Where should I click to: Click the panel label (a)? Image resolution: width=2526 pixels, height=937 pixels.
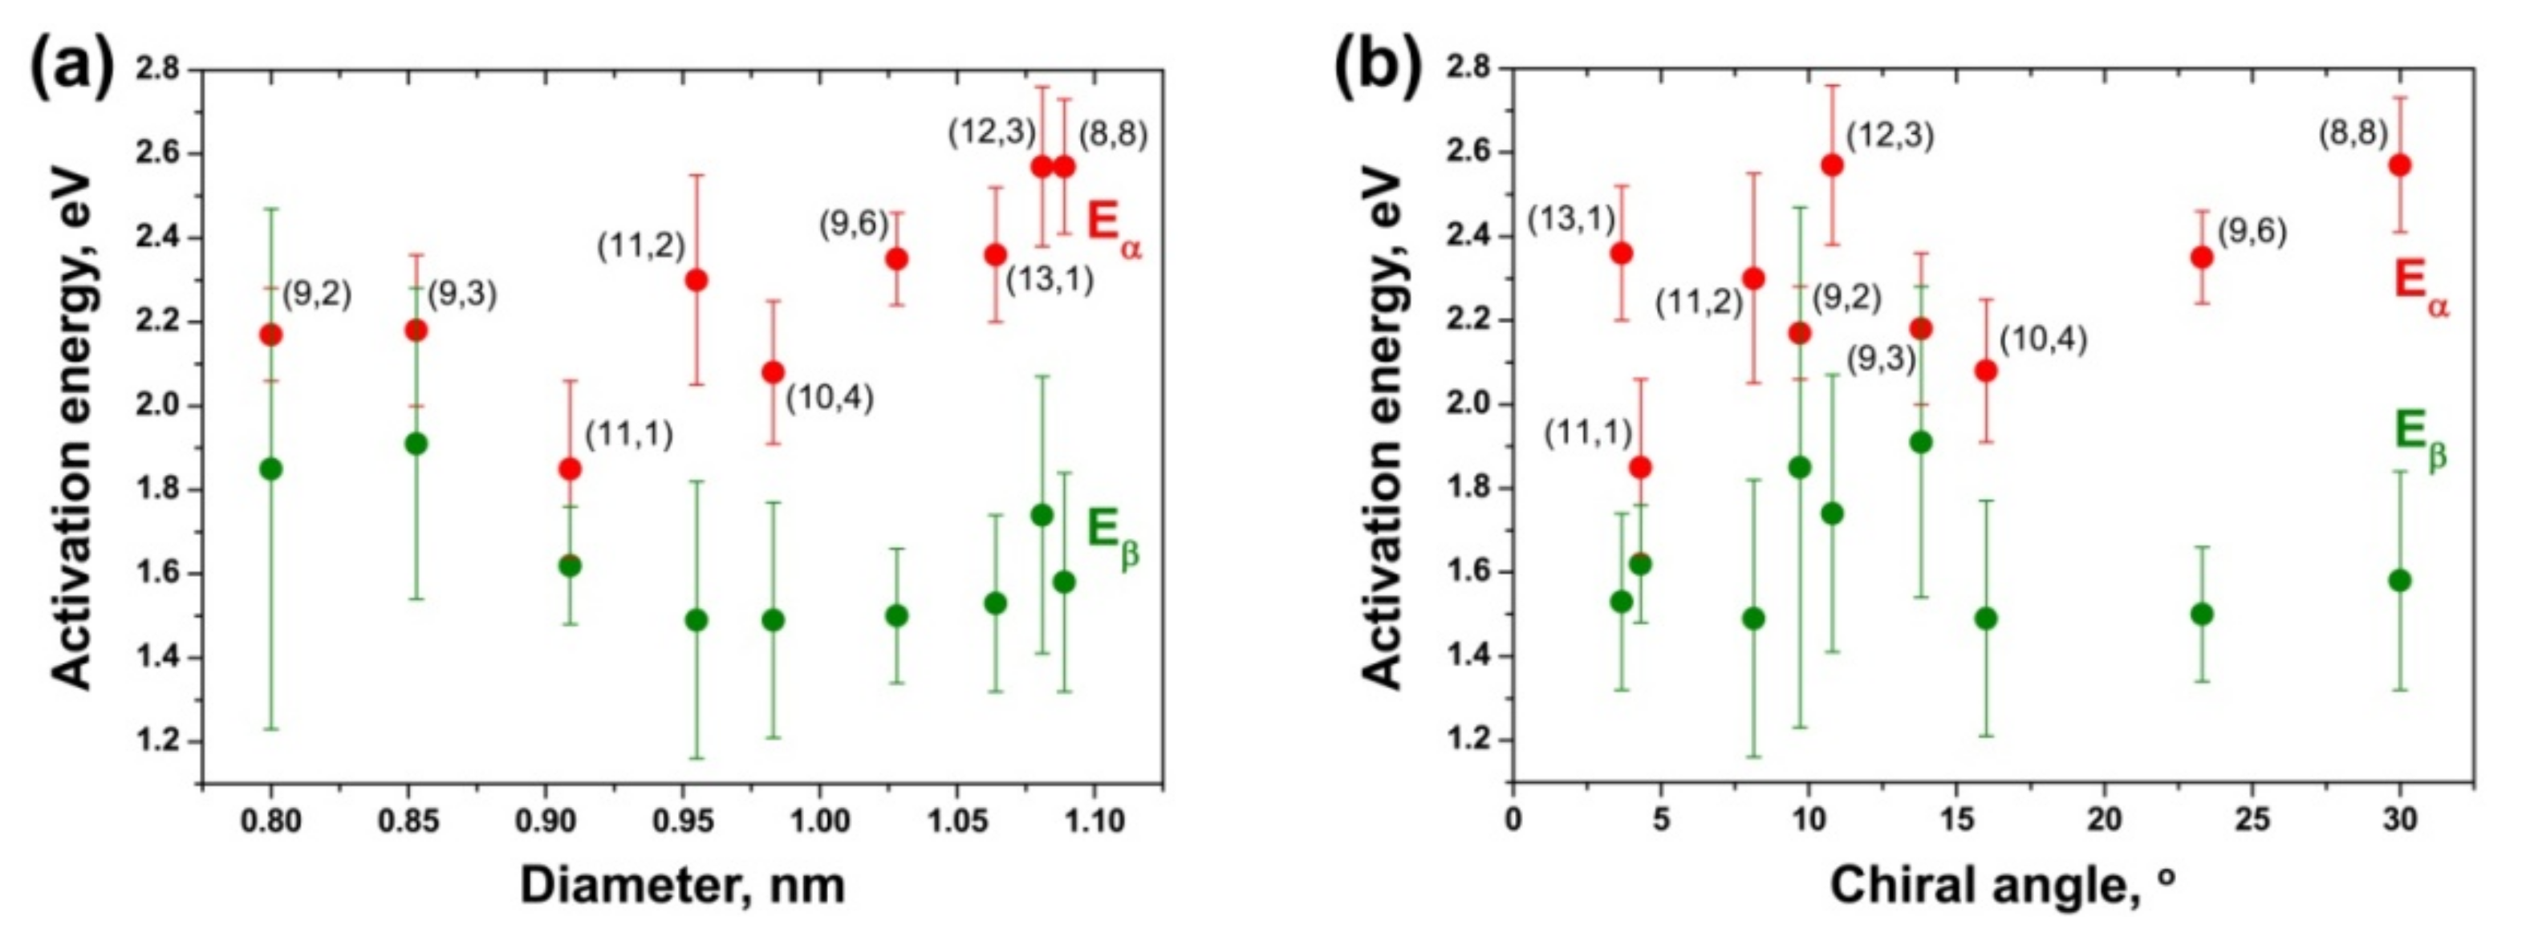tap(71, 67)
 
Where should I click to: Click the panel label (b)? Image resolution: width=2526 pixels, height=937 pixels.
tap(1378, 67)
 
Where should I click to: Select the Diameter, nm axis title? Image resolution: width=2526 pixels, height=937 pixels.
tap(683, 884)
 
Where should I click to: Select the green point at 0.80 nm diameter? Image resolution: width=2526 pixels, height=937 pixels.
tap(272, 468)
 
